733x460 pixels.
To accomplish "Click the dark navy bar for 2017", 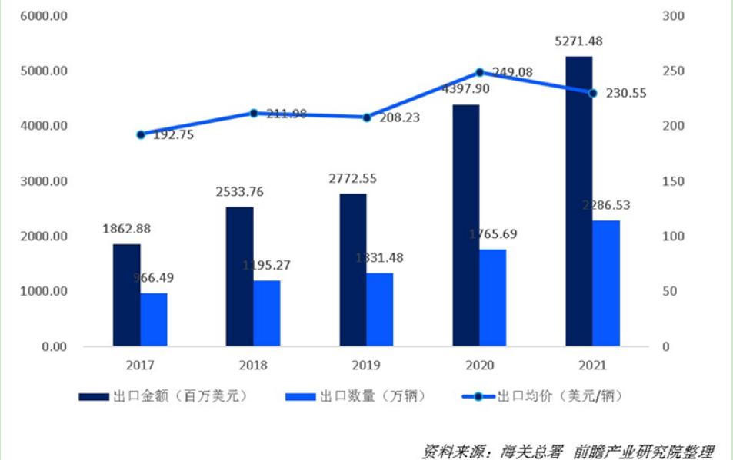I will [127, 295].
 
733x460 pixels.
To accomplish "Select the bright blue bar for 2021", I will [606, 283].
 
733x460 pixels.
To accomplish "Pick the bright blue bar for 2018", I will [266, 313].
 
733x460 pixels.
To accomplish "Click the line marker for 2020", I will [480, 72].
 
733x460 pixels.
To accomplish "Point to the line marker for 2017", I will [141, 134].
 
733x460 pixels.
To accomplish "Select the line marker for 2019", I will [367, 117].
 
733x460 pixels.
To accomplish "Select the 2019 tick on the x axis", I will [367, 366].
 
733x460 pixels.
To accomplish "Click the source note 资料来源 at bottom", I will [568, 449].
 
